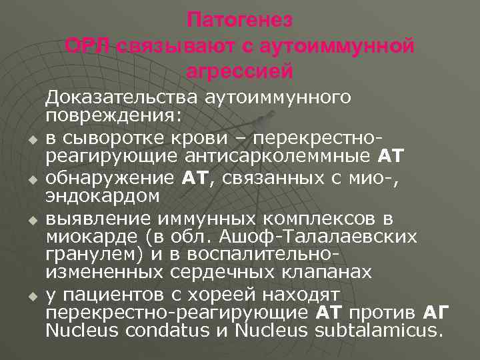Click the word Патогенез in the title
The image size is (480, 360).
click(240, 20)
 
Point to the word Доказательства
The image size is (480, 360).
click(121, 99)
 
